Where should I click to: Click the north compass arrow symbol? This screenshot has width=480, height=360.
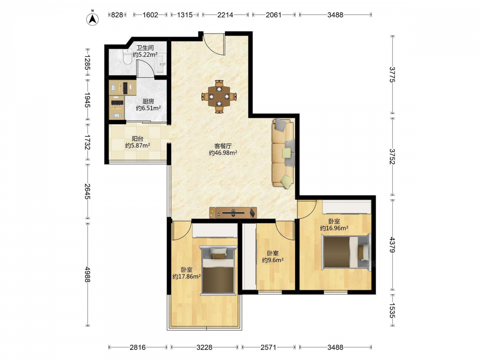(93, 19)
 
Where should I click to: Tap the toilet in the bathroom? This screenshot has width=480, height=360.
(127, 57)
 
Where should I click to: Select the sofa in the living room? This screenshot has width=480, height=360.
(283, 154)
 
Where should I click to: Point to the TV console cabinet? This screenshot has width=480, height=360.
(233, 213)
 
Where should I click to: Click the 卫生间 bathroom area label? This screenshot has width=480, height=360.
(145, 51)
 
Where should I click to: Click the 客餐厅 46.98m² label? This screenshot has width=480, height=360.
(223, 149)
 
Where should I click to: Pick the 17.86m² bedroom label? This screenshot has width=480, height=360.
(186, 273)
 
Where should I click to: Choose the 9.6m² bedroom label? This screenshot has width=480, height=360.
(273, 256)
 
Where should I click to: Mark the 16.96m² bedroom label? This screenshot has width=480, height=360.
(334, 224)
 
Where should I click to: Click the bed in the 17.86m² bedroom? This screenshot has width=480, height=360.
(218, 270)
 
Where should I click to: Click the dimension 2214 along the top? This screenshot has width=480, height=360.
(225, 15)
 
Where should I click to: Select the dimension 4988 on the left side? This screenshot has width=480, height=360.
(88, 274)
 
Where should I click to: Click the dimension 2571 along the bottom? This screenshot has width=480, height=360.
(268, 347)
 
